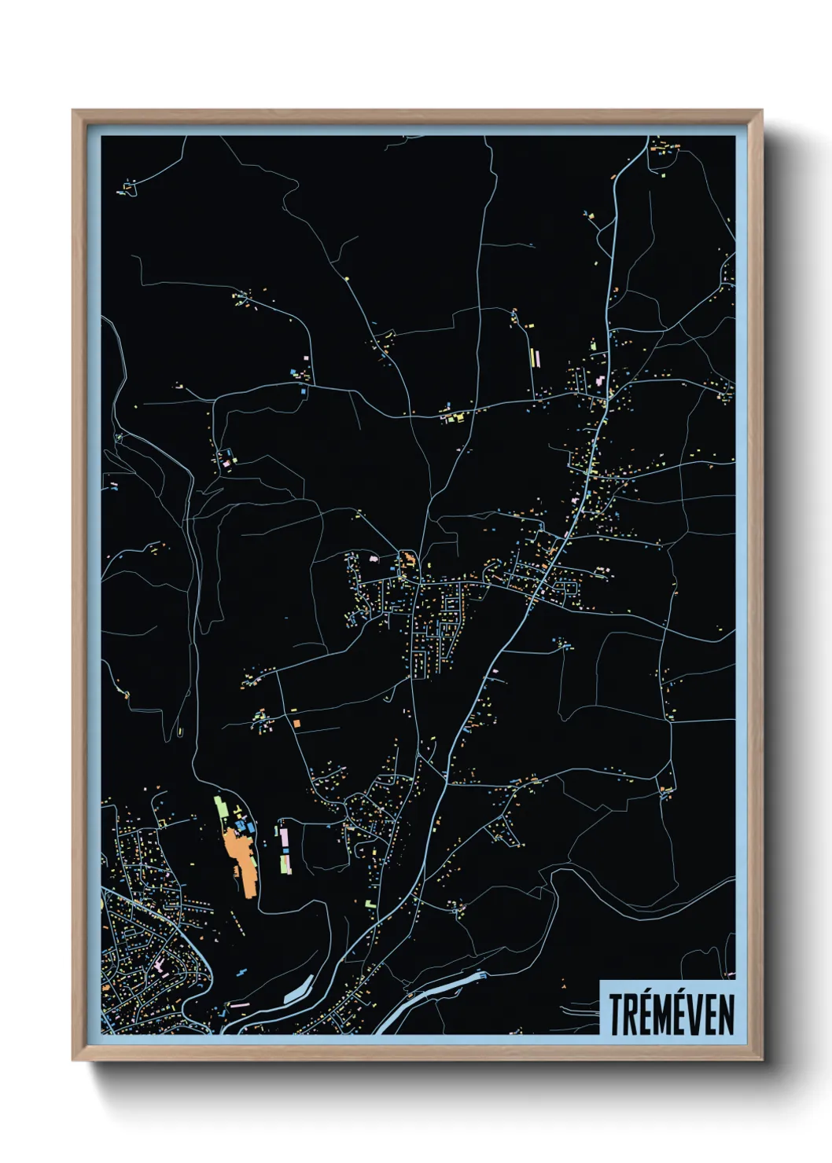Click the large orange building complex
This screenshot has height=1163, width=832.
point(240,857)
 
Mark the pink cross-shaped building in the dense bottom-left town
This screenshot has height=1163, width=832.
point(160,963)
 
